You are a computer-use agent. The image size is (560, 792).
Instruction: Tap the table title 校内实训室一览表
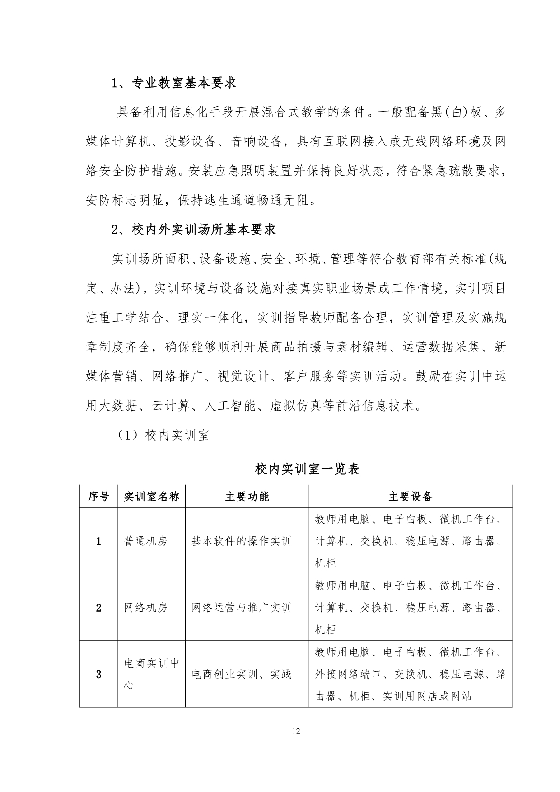coord(307,469)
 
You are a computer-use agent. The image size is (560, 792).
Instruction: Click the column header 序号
coord(98,497)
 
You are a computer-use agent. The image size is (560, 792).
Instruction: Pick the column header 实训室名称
coord(151,497)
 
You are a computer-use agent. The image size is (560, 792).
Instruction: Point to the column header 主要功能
coord(247,497)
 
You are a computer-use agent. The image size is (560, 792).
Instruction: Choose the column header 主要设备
coord(411,497)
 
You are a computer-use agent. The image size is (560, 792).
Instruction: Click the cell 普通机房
coord(145,541)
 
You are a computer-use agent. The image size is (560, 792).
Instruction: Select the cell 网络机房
coord(145,608)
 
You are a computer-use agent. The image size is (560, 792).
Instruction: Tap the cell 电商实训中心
coord(151,674)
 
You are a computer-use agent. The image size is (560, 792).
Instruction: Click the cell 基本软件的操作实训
coord(241,541)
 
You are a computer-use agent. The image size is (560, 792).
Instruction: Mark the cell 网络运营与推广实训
coord(241,608)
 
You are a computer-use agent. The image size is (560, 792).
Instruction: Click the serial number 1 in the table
coord(98,541)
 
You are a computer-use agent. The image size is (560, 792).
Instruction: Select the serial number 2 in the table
coord(98,608)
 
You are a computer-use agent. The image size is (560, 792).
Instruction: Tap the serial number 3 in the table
coord(98,675)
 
